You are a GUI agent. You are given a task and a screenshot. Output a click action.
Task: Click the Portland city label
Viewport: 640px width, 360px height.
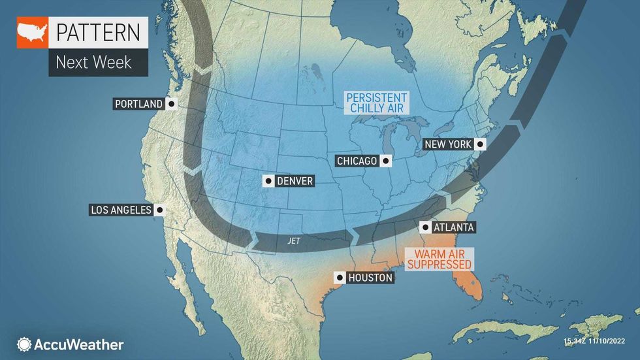point(138,104)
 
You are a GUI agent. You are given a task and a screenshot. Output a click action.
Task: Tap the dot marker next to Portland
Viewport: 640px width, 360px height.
point(171,104)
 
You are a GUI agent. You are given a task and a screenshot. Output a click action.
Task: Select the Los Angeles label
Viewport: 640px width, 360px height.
point(120,210)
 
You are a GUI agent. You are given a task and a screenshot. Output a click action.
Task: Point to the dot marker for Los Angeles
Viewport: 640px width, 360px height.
point(159,210)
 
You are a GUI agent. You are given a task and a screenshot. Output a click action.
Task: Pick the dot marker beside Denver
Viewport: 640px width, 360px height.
point(268,181)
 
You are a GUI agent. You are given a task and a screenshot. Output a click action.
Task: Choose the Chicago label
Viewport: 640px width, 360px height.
point(357,161)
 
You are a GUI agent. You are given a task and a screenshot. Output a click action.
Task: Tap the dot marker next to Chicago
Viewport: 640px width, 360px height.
point(387,161)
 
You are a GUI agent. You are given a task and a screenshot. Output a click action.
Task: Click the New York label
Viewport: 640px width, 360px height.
point(448,144)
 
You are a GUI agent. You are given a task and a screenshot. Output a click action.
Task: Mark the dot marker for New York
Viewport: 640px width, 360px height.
point(481,144)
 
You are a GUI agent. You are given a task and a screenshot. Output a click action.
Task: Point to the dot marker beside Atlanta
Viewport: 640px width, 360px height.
point(425,227)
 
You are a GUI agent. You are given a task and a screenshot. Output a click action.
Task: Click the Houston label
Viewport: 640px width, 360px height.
point(370,278)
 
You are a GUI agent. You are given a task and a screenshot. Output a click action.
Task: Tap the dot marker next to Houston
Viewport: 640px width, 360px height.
point(340,278)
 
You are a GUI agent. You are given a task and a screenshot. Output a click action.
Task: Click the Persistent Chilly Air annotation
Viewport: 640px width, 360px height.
point(377,103)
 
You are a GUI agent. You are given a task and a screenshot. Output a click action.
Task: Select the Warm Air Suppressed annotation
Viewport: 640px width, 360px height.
point(440,258)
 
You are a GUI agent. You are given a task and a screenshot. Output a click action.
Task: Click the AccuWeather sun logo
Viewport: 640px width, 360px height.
point(25,344)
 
